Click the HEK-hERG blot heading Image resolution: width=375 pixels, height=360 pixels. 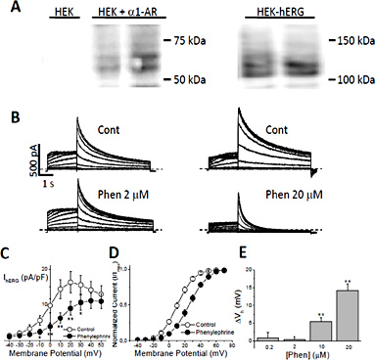280,10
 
